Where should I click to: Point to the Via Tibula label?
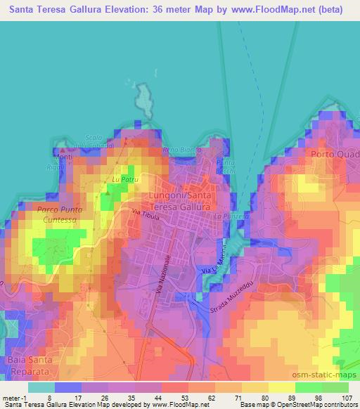pos(146,215)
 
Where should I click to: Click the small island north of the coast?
pos(146,100)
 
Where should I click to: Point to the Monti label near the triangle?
pos(64,157)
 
